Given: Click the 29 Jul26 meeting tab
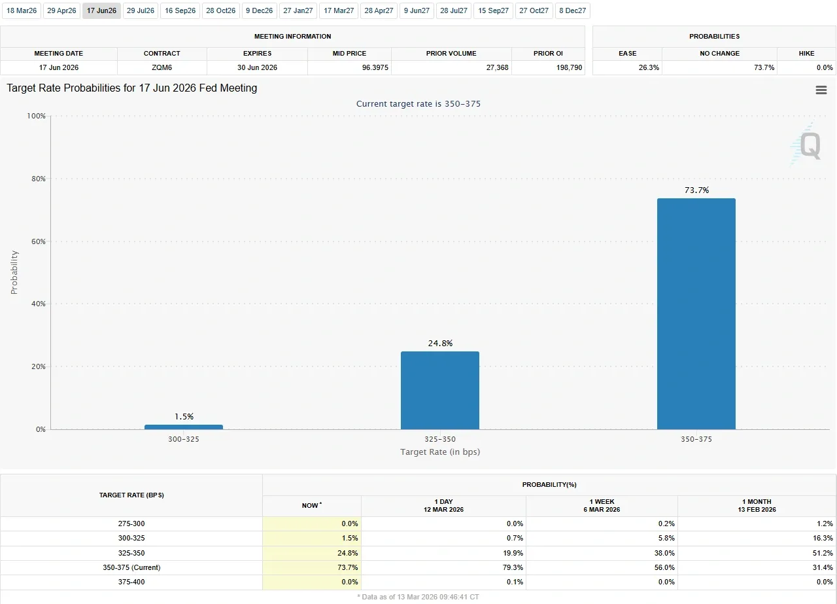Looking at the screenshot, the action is point(141,10).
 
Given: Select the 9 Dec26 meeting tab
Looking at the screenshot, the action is point(260,10).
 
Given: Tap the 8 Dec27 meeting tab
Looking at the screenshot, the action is point(572,10).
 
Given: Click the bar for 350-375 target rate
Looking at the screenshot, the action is point(696,314).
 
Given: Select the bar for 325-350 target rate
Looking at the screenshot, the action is point(440,391).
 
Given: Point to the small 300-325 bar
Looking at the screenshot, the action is point(184,427).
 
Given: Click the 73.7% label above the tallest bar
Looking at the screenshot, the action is point(696,190).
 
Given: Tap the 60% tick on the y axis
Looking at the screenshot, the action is point(39,241).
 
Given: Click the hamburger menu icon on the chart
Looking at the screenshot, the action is point(821,90).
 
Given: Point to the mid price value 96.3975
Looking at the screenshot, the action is point(375,67).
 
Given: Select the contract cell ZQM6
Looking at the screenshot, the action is point(162,67).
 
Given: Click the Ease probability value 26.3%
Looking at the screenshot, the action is point(649,67).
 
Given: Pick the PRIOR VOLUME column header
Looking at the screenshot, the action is point(451,53).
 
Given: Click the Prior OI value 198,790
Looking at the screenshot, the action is point(569,67).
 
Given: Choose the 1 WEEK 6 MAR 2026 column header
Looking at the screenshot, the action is point(602,505).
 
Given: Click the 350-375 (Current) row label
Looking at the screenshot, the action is point(131,567).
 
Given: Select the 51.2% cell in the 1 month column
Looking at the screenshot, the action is point(823,553).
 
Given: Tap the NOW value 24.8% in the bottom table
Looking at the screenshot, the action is point(347,553).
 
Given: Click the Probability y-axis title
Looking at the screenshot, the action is point(14,272).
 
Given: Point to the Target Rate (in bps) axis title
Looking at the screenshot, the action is point(440,452).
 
